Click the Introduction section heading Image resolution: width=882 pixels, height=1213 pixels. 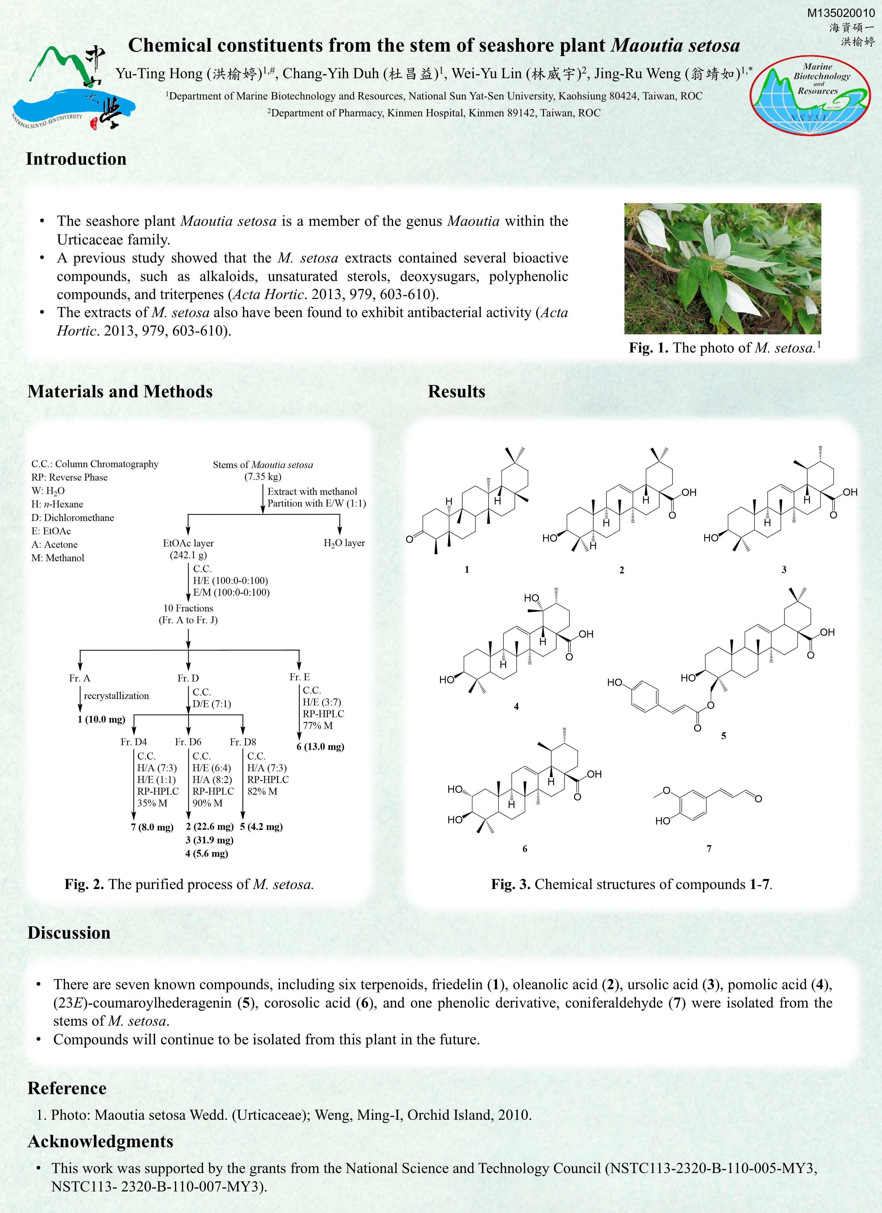pyautogui.click(x=76, y=159)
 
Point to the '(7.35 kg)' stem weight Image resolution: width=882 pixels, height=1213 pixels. pyautogui.click(x=262, y=477)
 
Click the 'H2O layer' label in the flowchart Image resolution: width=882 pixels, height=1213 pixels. pyautogui.click(x=344, y=543)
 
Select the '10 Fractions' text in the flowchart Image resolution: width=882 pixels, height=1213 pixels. pyautogui.click(x=188, y=608)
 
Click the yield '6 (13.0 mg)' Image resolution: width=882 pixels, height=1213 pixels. pyautogui.click(x=320, y=747)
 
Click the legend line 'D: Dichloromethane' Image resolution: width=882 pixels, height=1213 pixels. pyautogui.click(x=72, y=518)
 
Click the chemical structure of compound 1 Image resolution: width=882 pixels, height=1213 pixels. pyautogui.click(x=468, y=503)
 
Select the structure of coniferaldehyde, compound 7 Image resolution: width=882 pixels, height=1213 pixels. pyautogui.click(x=706, y=805)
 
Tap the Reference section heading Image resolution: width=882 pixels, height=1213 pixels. pyautogui.click(x=67, y=1088)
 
